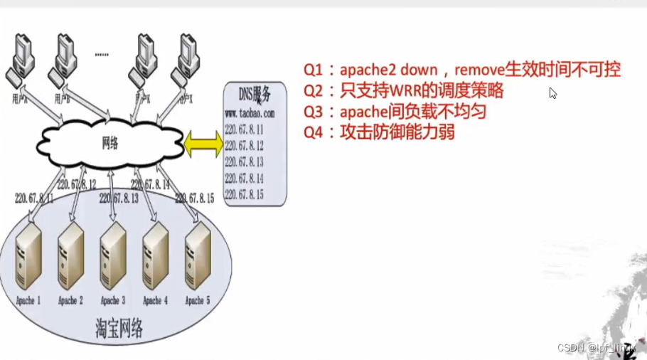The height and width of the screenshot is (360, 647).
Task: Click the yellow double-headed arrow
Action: click(x=203, y=144)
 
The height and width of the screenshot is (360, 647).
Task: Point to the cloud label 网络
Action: click(x=109, y=143)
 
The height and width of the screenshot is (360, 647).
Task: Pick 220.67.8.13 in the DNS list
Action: click(x=244, y=162)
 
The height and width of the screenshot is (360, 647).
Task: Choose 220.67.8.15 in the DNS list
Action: click(x=244, y=194)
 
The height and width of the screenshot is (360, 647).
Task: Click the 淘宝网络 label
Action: click(x=119, y=328)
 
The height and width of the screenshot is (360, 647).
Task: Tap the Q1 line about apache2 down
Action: click(x=462, y=70)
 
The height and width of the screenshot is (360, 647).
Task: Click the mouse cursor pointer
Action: click(x=552, y=92)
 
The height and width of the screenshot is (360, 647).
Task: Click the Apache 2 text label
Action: click(x=70, y=300)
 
